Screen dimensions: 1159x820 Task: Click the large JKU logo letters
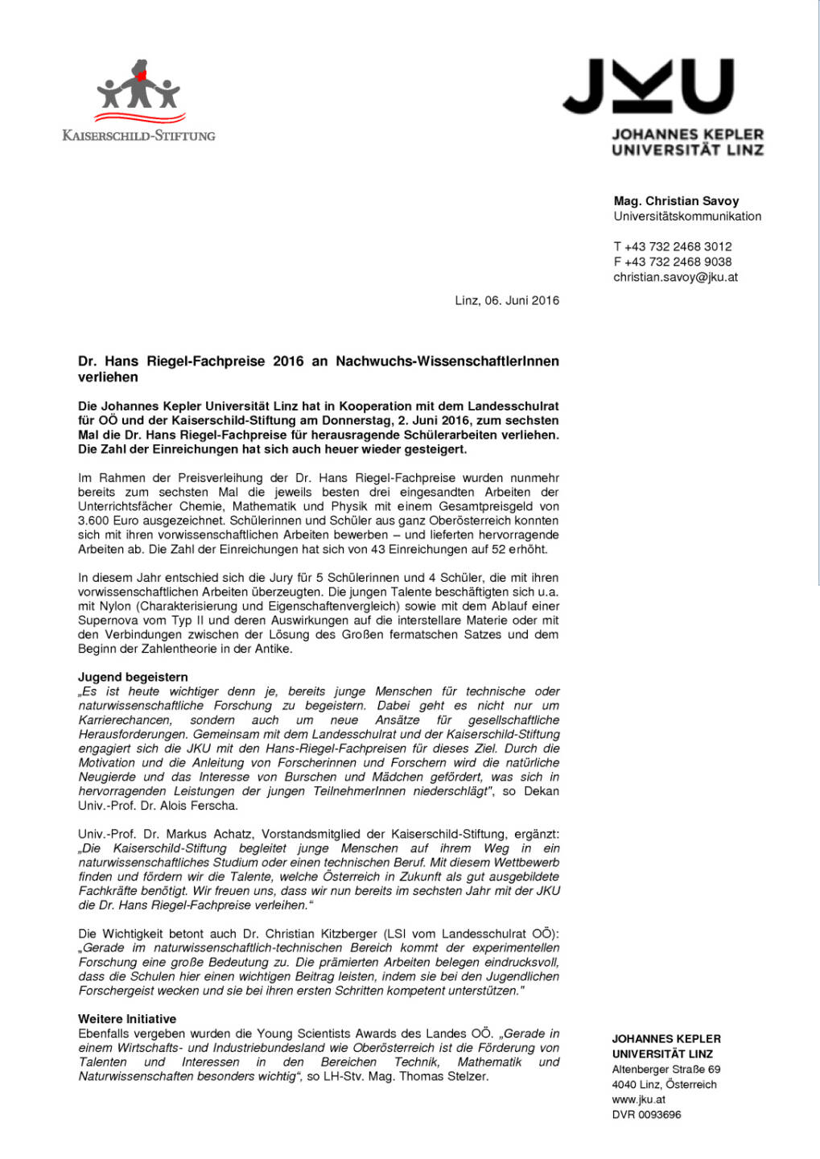648,86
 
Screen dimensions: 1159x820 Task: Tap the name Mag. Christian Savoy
676,201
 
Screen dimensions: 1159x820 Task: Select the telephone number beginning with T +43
673,247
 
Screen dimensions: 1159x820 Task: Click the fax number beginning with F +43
673,262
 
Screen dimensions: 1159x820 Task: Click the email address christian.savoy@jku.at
675,277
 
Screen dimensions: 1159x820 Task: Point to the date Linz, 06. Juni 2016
507,301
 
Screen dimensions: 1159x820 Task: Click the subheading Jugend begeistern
133,677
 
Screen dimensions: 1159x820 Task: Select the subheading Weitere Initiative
127,1019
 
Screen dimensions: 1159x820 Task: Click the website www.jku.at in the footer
638,1099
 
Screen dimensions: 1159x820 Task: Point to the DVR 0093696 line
646,1115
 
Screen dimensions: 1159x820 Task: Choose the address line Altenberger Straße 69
665,1070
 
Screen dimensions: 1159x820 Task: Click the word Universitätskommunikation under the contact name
687,217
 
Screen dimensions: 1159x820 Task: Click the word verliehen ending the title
108,377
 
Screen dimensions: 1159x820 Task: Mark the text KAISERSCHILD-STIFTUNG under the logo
139,136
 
